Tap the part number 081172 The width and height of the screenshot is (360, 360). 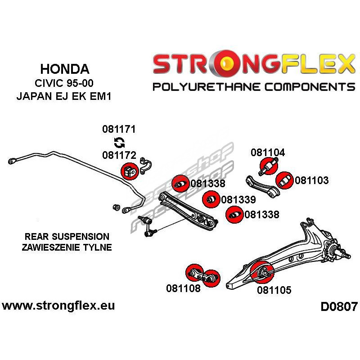tap(119, 156)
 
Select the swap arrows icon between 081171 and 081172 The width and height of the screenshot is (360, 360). tap(119, 143)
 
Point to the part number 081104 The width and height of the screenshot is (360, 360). tap(268, 153)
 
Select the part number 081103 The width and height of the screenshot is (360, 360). tap(312, 181)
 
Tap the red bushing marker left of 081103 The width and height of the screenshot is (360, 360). tap(284, 181)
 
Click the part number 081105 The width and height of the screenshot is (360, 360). tap(274, 290)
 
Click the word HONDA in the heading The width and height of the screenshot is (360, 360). tap(65, 69)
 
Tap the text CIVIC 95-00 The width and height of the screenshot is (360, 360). tap(65, 84)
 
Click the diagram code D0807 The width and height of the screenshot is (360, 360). tap(339, 307)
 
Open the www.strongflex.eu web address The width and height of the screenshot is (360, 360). tap(58, 306)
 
